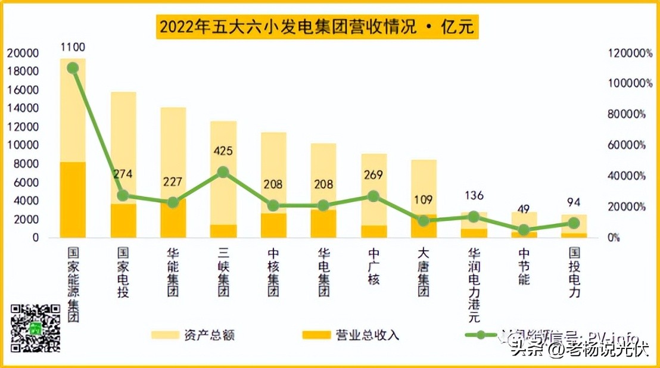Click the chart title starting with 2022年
coord(317,27)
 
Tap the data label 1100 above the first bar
coord(73,47)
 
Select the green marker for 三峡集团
coord(223,172)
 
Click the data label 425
coord(223,151)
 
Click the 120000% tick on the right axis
coord(630,53)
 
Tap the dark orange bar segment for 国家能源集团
coord(73,199)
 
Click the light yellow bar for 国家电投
coord(123,143)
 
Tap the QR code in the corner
coord(36,328)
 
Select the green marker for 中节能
coord(524,230)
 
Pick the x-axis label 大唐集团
coord(424,272)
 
